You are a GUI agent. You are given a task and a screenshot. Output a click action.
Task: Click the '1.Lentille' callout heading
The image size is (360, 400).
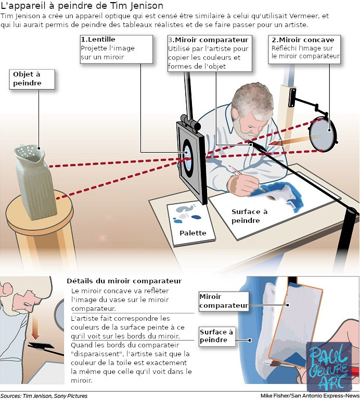click(98, 40)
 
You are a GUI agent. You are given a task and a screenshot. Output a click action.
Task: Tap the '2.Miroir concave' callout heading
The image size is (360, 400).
click(303, 40)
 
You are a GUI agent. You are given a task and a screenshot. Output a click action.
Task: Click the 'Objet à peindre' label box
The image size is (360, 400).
click(27, 79)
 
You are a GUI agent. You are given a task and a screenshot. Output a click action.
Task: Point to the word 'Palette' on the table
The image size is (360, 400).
click(192, 233)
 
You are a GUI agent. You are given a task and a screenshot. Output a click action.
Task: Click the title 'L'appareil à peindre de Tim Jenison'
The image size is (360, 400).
click(82, 6)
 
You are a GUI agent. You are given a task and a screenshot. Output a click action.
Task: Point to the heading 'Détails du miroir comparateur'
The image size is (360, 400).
click(124, 281)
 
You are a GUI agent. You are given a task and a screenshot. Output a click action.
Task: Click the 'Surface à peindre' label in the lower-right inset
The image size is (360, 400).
click(217, 336)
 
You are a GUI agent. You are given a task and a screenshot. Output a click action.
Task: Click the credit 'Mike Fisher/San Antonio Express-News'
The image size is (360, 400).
click(310, 395)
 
